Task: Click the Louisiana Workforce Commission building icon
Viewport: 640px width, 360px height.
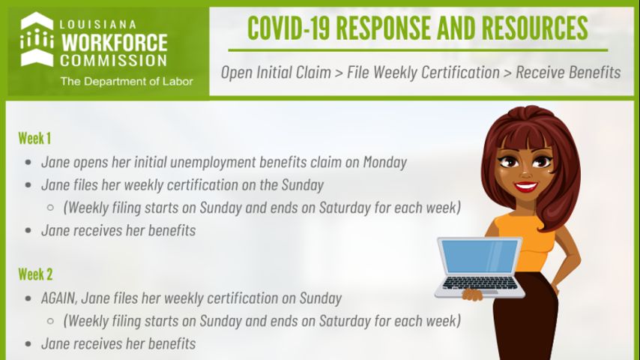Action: (37, 39)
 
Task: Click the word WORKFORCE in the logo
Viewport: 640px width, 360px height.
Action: (114, 43)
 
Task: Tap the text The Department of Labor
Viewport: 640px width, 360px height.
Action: (127, 81)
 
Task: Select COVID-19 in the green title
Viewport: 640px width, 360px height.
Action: (289, 28)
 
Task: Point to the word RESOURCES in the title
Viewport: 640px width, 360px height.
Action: (534, 28)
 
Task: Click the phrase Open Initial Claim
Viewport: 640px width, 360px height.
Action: (276, 72)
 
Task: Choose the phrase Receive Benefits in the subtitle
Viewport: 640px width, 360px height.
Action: (568, 72)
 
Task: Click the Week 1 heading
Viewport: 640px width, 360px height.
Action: (34, 138)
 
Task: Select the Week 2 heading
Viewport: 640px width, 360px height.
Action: (35, 274)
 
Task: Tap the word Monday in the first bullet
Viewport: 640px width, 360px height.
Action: (385, 162)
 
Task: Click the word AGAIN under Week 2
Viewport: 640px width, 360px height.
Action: (58, 298)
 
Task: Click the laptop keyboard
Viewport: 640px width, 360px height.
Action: (480, 283)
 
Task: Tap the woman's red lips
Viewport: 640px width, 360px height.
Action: (526, 187)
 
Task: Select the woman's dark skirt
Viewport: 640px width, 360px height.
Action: (525, 319)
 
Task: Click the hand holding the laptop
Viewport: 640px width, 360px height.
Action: (473, 294)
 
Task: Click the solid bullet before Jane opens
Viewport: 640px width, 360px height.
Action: (28, 162)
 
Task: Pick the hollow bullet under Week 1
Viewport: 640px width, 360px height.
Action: (50, 208)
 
